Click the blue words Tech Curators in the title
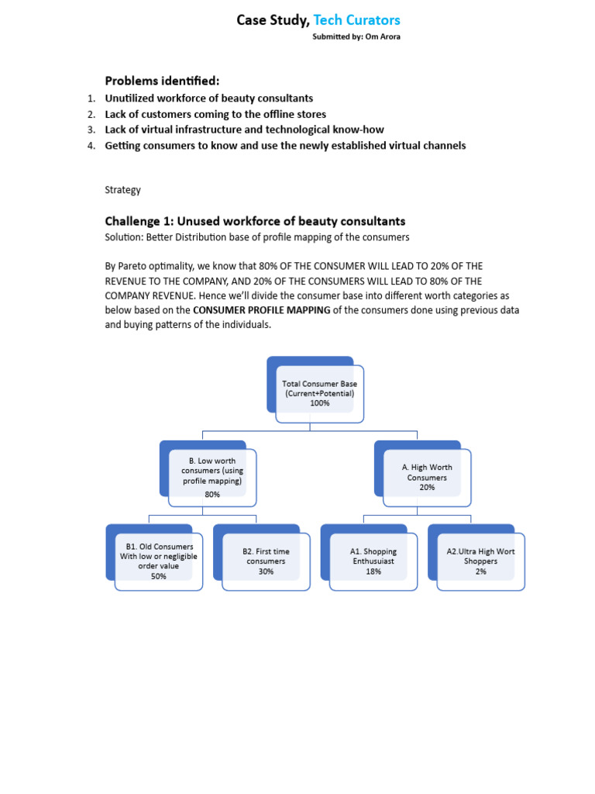[356, 20]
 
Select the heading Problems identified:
[162, 81]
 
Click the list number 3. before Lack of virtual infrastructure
[91, 129]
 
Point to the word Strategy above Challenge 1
[122, 189]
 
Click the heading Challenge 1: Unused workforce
[255, 221]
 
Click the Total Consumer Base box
[319, 393]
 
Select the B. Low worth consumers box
[212, 476]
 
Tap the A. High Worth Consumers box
[427, 477]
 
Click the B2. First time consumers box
[266, 561]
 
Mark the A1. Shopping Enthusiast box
[373, 561]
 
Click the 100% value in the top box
[319, 403]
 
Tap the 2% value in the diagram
[481, 571]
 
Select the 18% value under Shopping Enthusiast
[373, 571]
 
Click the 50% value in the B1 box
[159, 576]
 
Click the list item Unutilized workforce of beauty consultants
[209, 98]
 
